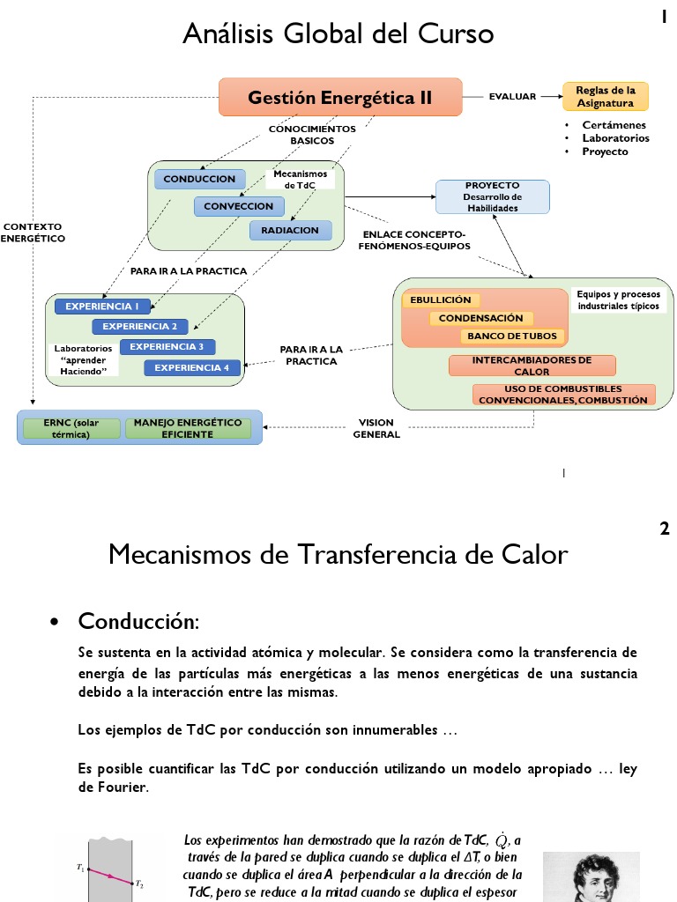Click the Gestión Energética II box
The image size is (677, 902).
click(x=340, y=97)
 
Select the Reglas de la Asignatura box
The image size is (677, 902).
click(x=605, y=97)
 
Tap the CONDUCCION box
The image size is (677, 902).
click(x=199, y=179)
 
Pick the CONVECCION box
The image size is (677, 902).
click(x=239, y=206)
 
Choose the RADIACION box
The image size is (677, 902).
click(x=290, y=230)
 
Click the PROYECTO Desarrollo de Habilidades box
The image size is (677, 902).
click(x=492, y=196)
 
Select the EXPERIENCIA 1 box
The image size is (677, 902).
click(x=102, y=307)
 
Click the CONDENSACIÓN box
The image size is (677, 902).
click(x=480, y=318)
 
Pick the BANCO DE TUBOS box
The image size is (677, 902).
click(x=511, y=336)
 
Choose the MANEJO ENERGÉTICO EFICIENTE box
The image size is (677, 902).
click(x=188, y=428)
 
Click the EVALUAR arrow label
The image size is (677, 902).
click(x=512, y=97)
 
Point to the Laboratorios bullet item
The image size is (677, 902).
click(x=615, y=138)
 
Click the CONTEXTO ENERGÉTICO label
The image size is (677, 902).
click(x=33, y=232)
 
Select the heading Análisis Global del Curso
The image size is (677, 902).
click(x=338, y=34)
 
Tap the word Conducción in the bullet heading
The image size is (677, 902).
click(x=138, y=621)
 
